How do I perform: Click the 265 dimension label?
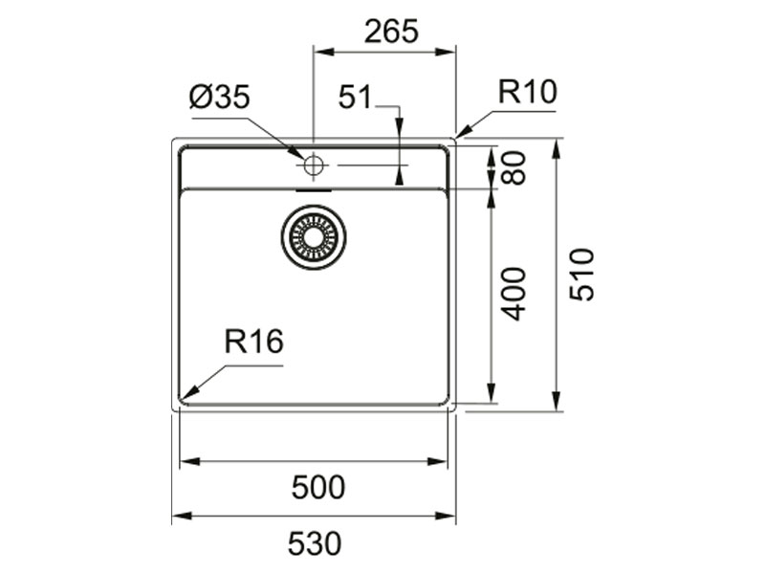391,32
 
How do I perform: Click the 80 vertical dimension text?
515,167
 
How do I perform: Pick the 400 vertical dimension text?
514,293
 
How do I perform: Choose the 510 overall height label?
581,275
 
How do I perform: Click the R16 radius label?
254,342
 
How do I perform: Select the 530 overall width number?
315,544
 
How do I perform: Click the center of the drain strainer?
314,235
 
